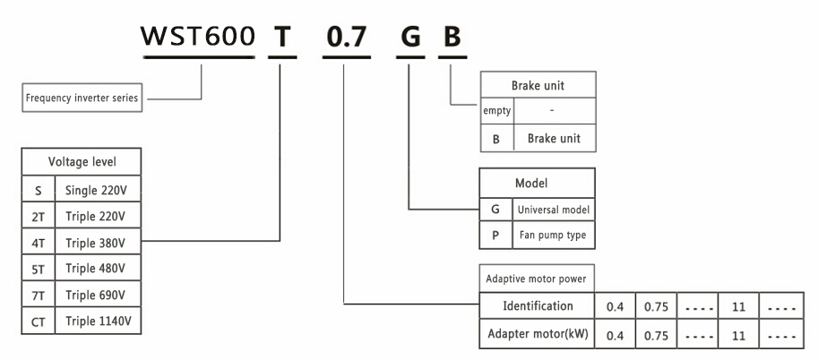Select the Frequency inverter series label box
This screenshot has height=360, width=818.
coord(82,99)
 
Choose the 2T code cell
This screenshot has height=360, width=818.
coord(39,216)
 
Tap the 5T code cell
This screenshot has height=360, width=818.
coord(39,268)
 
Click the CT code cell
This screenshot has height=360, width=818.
coord(39,320)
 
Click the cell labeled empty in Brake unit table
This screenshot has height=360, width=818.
coord(497,111)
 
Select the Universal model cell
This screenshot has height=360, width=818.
coord(553,210)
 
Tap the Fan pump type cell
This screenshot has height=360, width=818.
coord(553,236)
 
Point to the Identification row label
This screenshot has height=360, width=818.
coord(538,306)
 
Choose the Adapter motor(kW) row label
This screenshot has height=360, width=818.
coord(538,334)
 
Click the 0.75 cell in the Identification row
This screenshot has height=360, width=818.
coord(656,306)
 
